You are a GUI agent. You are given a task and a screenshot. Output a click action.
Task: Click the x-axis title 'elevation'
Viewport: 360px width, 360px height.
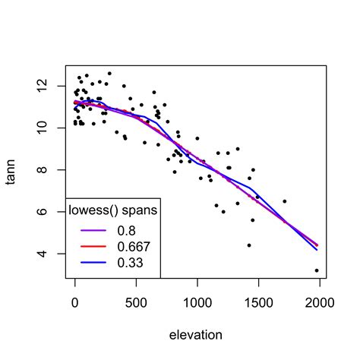tap(196, 335)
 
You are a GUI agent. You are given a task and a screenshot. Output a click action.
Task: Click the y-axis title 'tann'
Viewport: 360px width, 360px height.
tap(11, 172)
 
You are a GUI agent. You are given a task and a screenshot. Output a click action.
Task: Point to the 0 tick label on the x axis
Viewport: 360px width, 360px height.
tap(75, 302)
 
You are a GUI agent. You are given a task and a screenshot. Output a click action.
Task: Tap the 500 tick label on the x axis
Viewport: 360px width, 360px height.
tap(136, 302)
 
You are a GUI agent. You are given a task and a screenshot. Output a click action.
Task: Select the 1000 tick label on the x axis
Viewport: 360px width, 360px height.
tap(197, 302)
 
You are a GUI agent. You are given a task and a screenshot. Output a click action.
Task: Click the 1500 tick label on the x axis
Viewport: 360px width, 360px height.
tap(259, 302)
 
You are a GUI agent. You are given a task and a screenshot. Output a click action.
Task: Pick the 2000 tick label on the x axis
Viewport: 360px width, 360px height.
tap(320, 302)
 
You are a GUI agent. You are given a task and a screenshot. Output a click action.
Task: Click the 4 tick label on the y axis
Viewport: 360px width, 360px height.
tap(42, 254)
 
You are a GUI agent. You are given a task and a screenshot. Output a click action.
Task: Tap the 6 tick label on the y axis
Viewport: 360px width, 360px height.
tap(42, 212)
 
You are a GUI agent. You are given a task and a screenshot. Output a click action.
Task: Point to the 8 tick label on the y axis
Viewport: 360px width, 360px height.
tap(42, 169)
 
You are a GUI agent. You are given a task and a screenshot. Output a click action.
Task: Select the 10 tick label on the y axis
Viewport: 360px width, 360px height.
tap(42, 128)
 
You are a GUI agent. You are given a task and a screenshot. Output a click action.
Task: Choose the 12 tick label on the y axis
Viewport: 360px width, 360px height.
tap(42, 86)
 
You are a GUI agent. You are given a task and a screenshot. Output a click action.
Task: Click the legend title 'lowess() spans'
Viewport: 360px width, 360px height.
tap(113, 210)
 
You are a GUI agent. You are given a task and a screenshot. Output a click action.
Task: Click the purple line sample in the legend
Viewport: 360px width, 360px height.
tap(93, 230)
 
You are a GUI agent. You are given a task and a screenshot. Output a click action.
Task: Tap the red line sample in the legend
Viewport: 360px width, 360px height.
tap(93, 246)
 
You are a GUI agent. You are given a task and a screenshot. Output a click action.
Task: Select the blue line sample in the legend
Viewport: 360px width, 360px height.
tap(93, 263)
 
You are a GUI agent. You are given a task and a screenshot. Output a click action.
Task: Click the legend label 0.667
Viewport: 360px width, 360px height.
tap(134, 247)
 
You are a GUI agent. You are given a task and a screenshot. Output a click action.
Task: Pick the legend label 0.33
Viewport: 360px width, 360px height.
tap(130, 263)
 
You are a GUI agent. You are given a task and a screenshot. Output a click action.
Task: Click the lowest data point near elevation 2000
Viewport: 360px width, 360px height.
tap(317, 270)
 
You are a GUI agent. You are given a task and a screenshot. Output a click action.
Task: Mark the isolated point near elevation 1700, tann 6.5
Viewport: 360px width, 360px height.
tap(285, 201)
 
